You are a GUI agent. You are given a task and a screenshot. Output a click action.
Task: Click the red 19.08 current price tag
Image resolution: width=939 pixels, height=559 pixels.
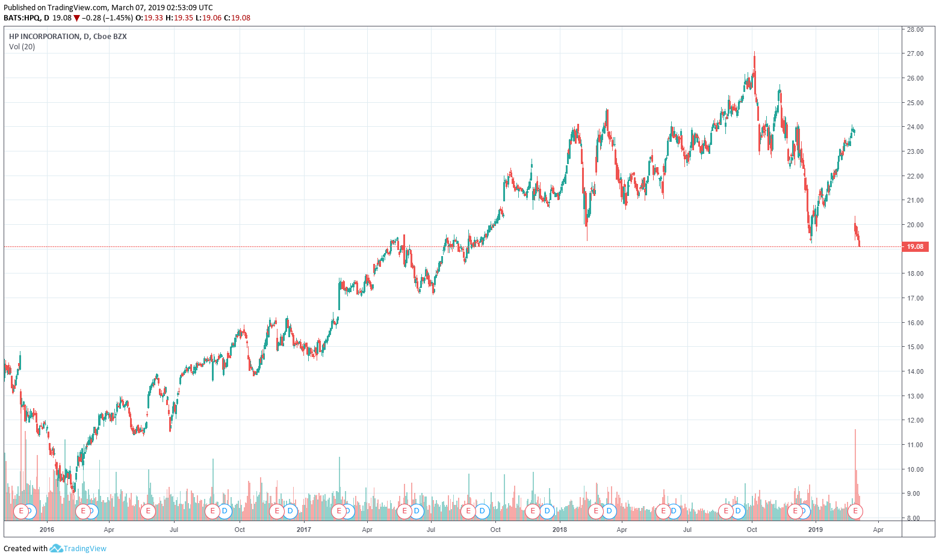(915, 246)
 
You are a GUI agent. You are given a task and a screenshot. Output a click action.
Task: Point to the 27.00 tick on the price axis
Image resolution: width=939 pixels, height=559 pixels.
(915, 53)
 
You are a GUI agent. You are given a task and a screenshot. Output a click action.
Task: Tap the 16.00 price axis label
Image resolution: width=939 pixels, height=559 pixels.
(915, 323)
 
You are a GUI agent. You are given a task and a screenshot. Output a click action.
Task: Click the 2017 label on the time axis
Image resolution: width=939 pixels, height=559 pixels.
(304, 530)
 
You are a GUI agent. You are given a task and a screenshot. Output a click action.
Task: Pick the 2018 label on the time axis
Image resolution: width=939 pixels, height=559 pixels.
(560, 530)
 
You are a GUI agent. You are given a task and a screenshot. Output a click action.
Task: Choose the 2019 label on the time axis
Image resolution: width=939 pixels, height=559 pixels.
(816, 530)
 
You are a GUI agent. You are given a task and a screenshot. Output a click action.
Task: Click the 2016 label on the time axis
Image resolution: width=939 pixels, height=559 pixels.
(46, 530)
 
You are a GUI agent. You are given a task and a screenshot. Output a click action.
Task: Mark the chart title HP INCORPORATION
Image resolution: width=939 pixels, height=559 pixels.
(44, 37)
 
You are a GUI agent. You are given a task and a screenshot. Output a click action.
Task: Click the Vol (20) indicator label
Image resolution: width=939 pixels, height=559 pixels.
(22, 47)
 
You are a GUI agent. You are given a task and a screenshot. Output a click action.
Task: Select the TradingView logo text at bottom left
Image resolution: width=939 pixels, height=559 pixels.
(85, 548)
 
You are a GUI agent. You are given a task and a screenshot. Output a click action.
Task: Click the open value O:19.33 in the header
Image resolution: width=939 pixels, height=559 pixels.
(149, 18)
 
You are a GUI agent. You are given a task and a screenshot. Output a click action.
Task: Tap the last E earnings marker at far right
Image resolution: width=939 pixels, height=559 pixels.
(855, 512)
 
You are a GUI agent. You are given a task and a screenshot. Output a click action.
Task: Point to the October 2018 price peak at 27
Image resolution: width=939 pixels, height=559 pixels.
(754, 54)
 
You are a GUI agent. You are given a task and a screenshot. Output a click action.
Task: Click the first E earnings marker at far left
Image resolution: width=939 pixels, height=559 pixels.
(21, 512)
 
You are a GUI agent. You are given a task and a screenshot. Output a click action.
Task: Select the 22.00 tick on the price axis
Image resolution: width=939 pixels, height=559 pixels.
(915, 176)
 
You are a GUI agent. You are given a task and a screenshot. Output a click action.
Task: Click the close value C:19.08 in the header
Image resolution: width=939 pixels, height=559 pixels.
(237, 18)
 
